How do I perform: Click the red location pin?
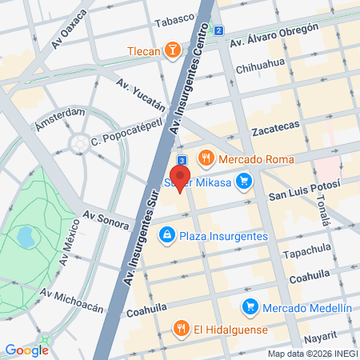click(x=180, y=178)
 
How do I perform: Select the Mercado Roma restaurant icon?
click(x=206, y=158)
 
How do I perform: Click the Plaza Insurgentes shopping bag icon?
click(x=166, y=234)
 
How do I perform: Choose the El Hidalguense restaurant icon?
click(x=181, y=329)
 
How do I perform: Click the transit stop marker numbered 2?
click(x=218, y=30)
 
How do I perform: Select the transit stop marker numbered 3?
click(x=182, y=159)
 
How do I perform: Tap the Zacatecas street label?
click(x=275, y=128)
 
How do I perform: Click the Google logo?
click(x=26, y=350)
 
